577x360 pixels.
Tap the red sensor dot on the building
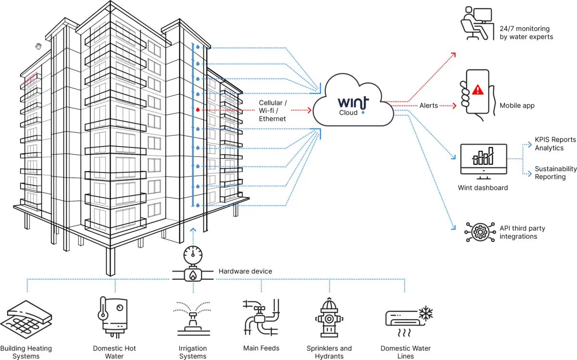tap(198, 110)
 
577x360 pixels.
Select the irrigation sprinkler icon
tap(193, 317)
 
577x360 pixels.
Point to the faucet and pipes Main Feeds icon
tap(261, 317)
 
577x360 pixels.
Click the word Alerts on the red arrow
tap(428, 106)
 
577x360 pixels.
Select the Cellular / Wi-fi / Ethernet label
tap(272, 111)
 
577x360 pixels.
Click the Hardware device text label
tap(245, 272)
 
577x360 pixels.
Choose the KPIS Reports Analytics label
tap(555, 144)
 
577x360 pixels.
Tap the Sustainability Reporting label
tap(555, 173)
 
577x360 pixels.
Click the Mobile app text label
tap(517, 106)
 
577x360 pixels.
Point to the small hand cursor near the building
tap(38, 46)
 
